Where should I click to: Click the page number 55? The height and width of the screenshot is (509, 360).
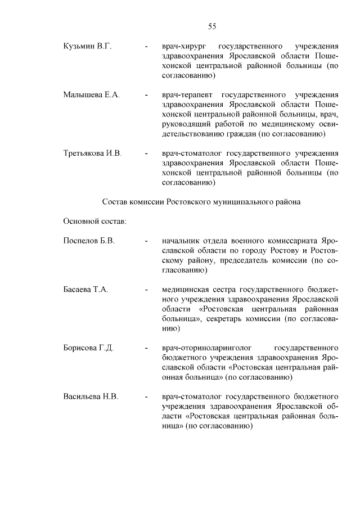pyautogui.click(x=212, y=26)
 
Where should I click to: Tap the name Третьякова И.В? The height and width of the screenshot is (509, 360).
pyautogui.click(x=93, y=153)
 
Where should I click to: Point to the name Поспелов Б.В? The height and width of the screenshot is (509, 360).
pyautogui.click(x=89, y=241)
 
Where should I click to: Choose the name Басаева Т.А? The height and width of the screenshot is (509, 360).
pyautogui.click(x=85, y=289)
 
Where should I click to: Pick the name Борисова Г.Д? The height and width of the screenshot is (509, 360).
pyautogui.click(x=89, y=348)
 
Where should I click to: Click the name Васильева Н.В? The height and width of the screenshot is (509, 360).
pyautogui.click(x=91, y=396)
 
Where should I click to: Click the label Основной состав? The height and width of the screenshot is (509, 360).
pyautogui.click(x=94, y=220)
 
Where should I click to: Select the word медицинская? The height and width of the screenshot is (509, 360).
pyautogui.click(x=185, y=289)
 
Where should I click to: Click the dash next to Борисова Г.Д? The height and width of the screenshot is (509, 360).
pyautogui.click(x=146, y=348)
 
